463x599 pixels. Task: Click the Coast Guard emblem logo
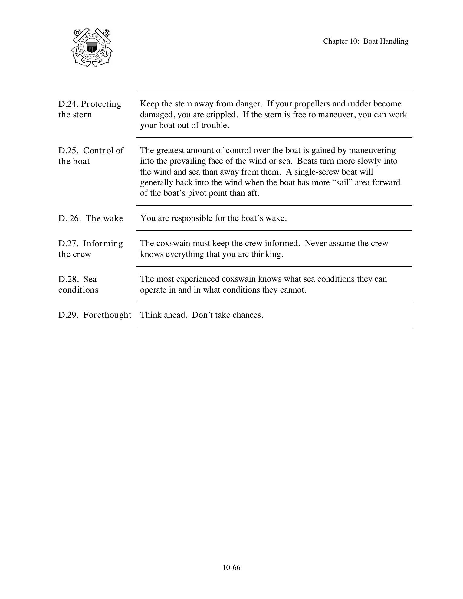click(92, 47)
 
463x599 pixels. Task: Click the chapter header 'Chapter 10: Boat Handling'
click(365, 41)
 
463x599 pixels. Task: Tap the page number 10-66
click(231, 568)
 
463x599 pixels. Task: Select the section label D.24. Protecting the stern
click(90, 109)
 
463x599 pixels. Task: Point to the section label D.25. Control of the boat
click(91, 156)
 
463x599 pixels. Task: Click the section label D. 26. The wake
click(91, 218)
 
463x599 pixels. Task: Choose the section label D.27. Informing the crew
click(90, 249)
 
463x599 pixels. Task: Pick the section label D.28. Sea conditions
click(78, 284)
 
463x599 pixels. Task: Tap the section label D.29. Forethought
click(95, 315)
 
